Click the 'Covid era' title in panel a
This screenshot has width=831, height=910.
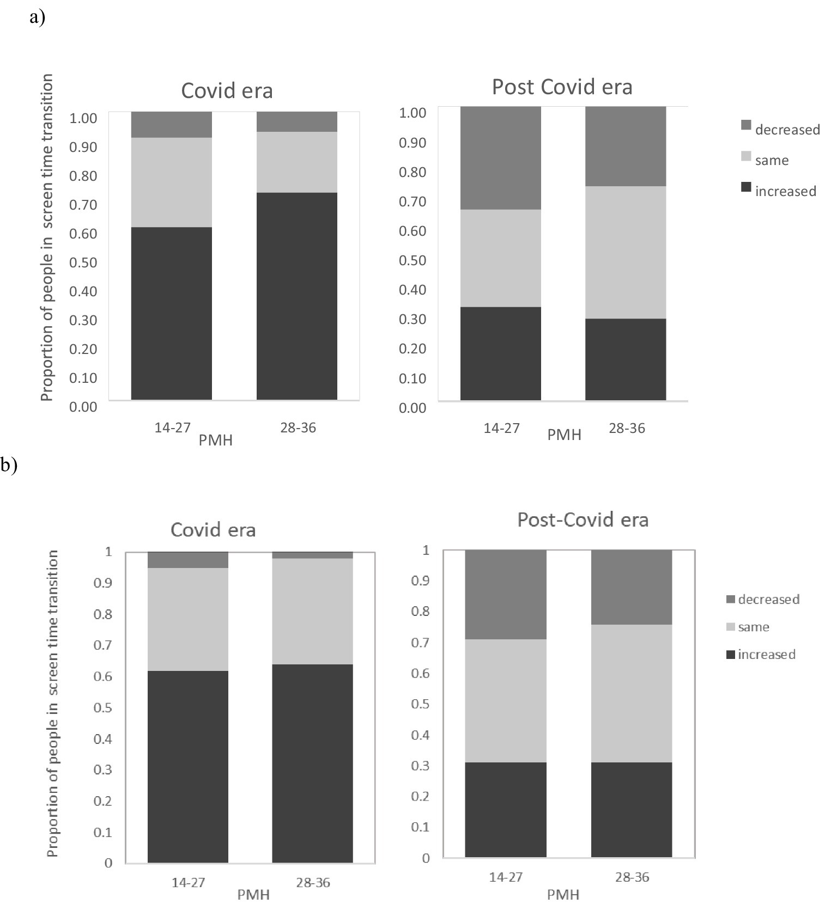[227, 90]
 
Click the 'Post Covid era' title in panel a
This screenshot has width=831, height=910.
[562, 87]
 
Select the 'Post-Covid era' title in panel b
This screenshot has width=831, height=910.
[583, 520]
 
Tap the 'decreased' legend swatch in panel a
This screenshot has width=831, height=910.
[746, 126]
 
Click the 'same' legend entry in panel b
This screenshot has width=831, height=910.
[753, 627]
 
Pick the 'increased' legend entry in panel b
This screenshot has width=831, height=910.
[766, 654]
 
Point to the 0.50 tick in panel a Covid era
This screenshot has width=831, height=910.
[83, 262]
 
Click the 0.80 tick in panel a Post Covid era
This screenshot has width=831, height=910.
[412, 172]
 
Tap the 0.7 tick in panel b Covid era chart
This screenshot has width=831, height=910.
[105, 645]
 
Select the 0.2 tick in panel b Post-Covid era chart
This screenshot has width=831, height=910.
[420, 796]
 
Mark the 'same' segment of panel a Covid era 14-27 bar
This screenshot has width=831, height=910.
[171, 182]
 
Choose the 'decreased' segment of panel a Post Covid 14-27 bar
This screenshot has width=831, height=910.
[500, 158]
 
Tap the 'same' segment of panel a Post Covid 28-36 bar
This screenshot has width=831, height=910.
[625, 252]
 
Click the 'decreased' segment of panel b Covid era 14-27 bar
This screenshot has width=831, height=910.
[187, 560]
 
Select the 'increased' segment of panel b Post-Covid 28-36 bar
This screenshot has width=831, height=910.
[631, 809]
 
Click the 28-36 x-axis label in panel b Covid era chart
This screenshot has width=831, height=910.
[313, 882]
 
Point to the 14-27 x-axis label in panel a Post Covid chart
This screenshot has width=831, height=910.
[501, 428]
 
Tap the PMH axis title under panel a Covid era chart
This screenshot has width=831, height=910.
[215, 440]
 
